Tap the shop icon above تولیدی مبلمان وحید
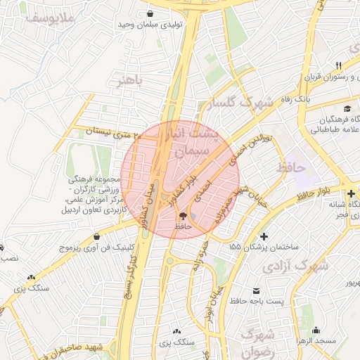(150, 13)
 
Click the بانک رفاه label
(294, 100)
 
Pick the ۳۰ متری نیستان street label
(112, 131)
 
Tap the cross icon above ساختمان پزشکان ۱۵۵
(264, 237)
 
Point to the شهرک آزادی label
(295, 266)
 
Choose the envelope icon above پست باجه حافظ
(256, 290)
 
